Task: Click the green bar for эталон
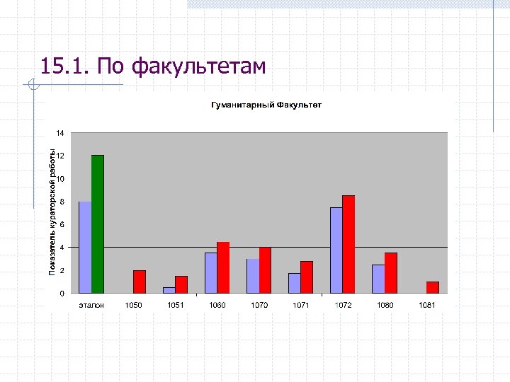tap(98, 224)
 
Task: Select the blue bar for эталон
tap(85, 247)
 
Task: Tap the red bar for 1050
tap(140, 282)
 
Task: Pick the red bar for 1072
tap(348, 244)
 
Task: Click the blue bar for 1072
tap(336, 250)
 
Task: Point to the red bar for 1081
tap(433, 287)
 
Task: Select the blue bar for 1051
tap(169, 290)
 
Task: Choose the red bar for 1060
tap(223, 267)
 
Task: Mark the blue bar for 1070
tap(253, 276)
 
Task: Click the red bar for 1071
tap(307, 277)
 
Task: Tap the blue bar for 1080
tap(378, 279)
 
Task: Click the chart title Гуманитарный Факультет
tap(266, 105)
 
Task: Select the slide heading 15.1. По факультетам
tap(153, 67)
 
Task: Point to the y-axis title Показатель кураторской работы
tap(52, 212)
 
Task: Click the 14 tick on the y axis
tap(60, 133)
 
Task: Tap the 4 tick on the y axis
tap(62, 248)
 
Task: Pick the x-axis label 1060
tap(217, 305)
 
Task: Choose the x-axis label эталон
tap(91, 305)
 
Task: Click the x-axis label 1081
tap(426, 305)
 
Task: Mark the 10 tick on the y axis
tap(60, 179)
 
